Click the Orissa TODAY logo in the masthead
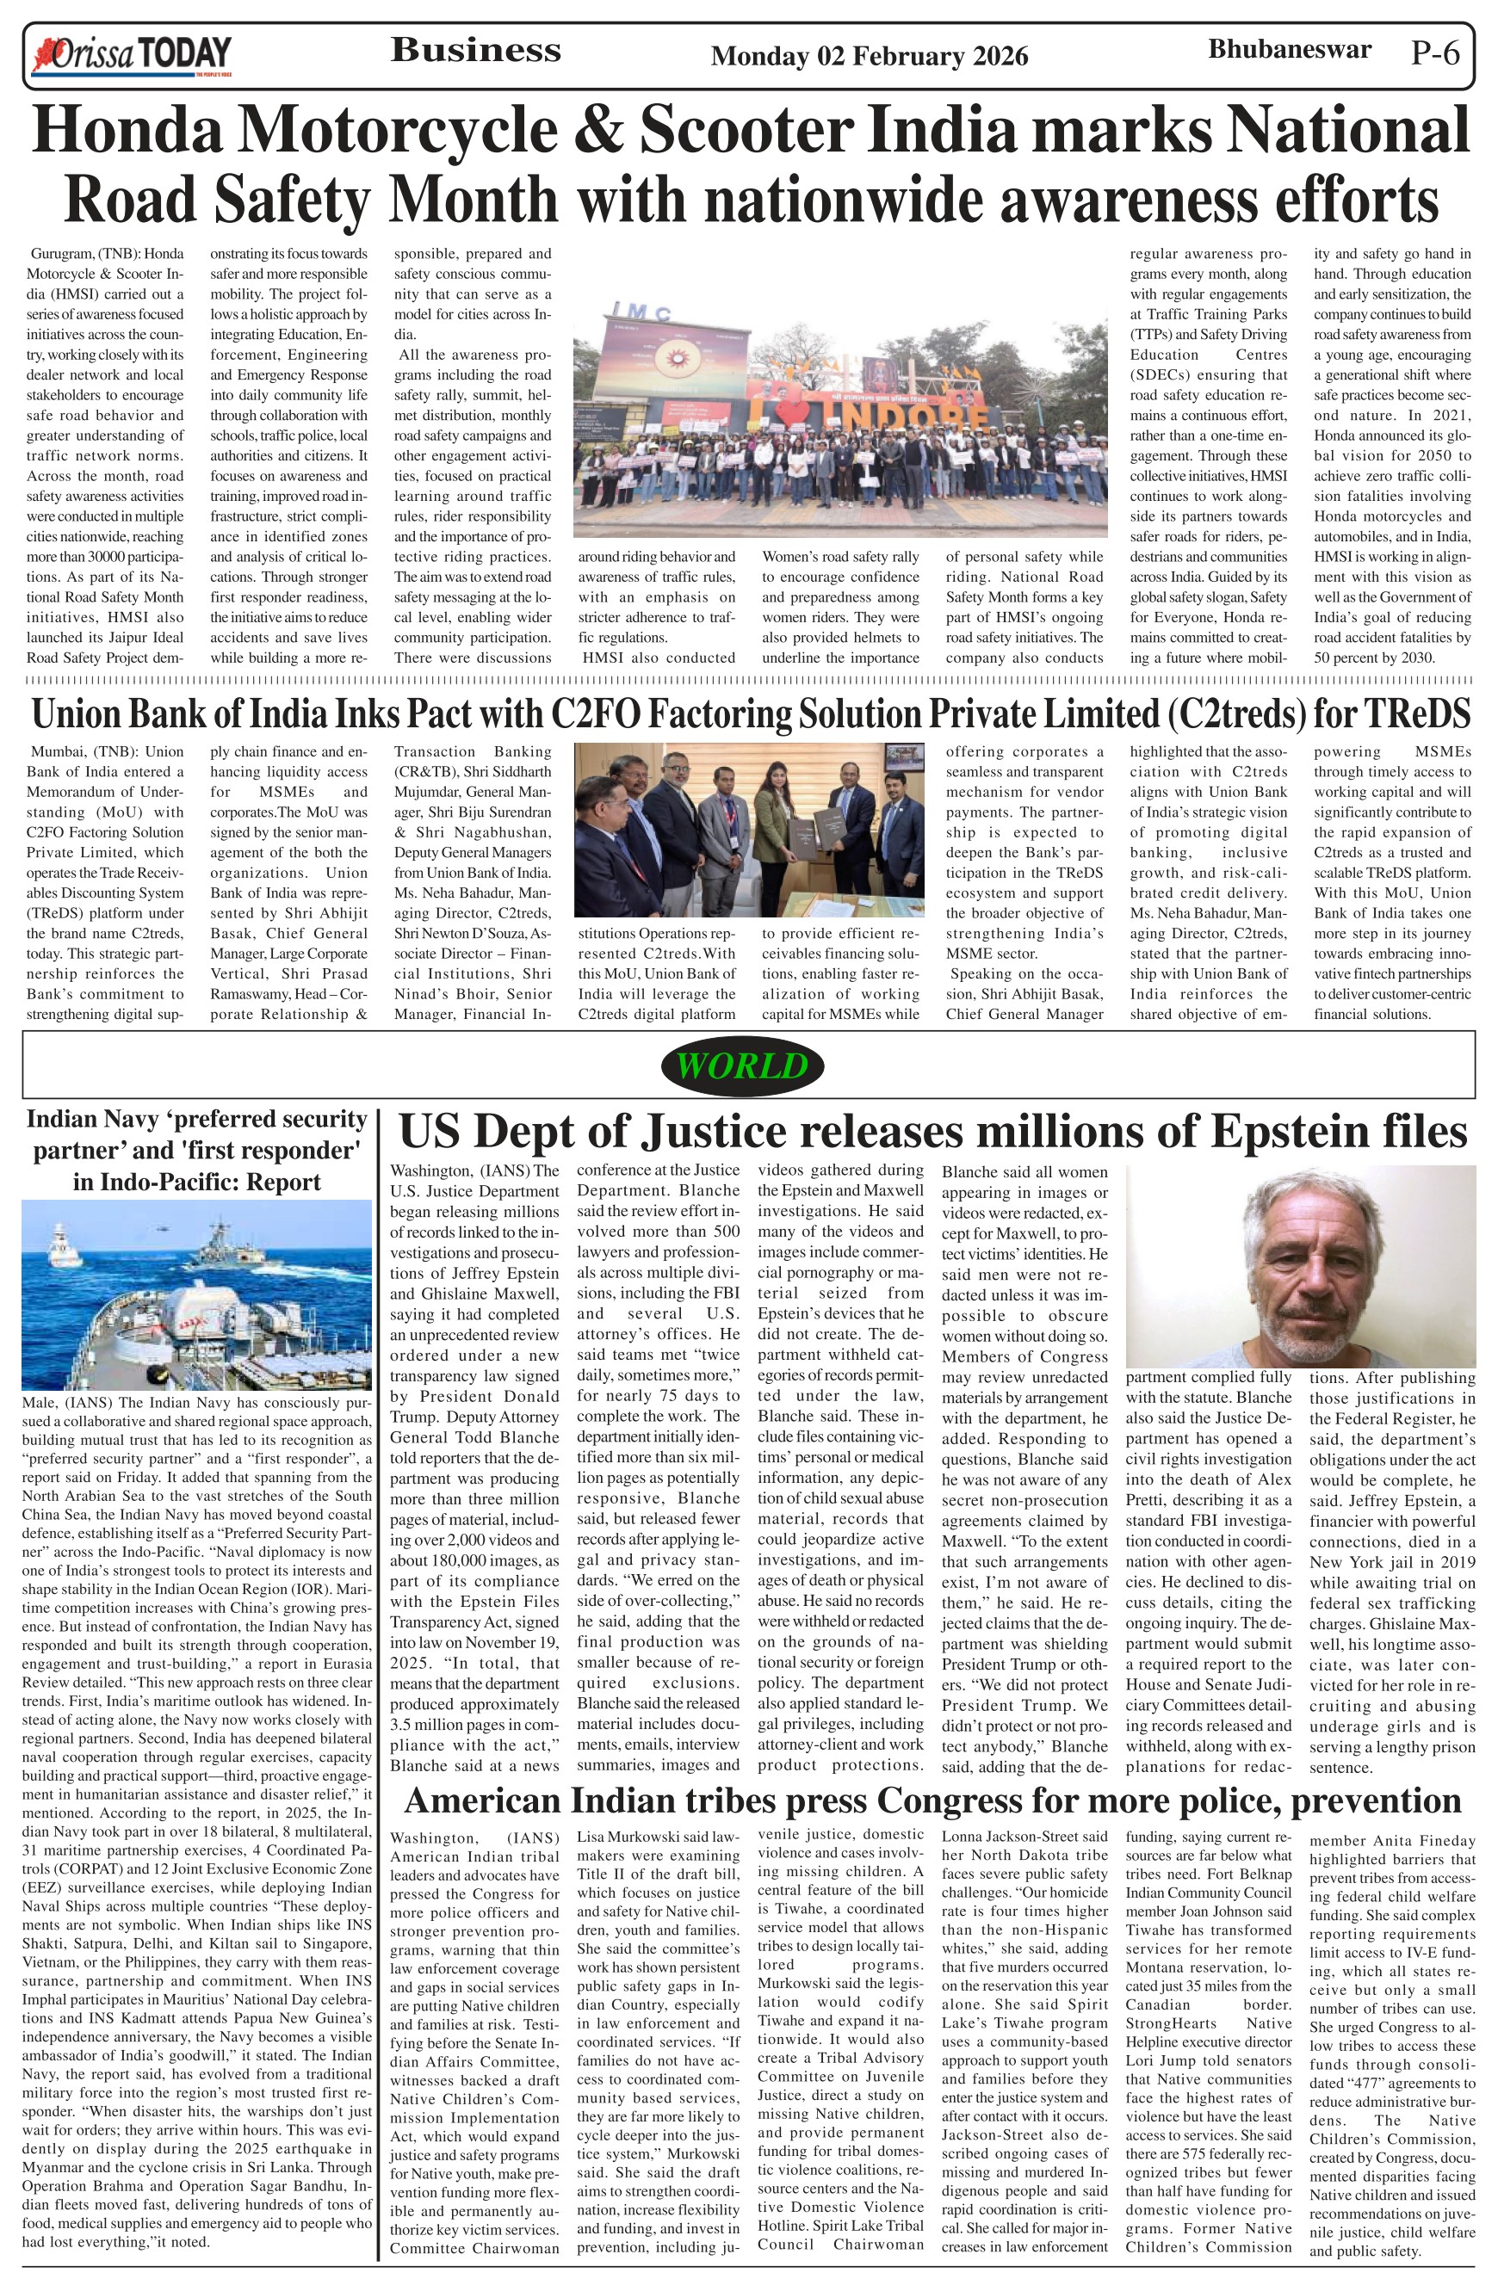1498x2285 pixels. click(133, 55)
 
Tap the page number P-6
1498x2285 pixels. click(1436, 53)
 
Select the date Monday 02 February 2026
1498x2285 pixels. click(869, 57)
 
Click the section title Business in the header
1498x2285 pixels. click(475, 50)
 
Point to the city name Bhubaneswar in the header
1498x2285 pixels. click(1289, 49)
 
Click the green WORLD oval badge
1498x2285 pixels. click(742, 1065)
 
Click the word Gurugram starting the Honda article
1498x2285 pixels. click(60, 255)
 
